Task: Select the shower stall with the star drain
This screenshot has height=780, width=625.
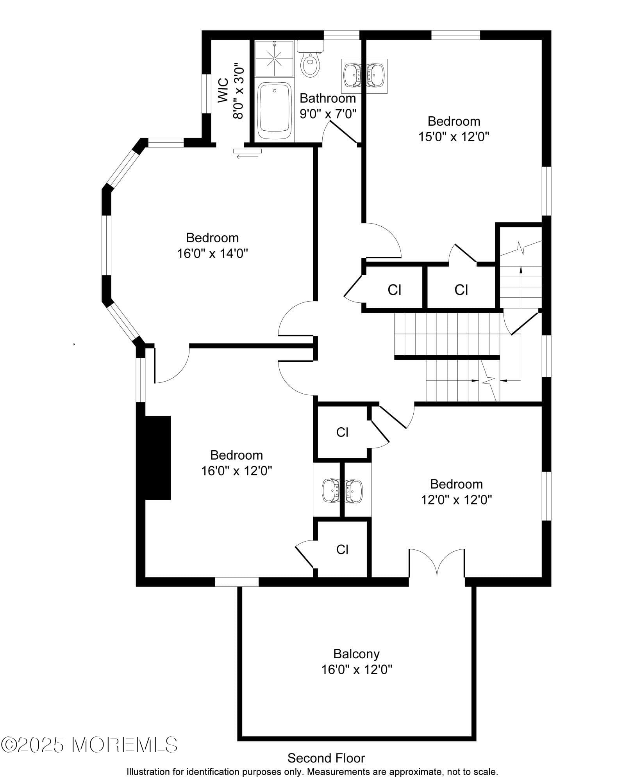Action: click(274, 59)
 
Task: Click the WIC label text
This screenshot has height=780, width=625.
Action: click(223, 91)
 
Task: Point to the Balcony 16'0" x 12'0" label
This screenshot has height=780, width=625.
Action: click(356, 661)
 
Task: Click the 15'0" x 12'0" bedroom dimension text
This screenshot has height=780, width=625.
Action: click(454, 137)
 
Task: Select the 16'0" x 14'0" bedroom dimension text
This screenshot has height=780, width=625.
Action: click(212, 254)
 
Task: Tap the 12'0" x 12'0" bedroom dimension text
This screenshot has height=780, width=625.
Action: click(456, 500)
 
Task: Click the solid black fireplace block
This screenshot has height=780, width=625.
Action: click(158, 458)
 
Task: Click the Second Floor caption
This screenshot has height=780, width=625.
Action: click(326, 758)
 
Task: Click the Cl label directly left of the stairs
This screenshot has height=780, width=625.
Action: click(461, 290)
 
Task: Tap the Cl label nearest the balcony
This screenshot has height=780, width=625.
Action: click(342, 549)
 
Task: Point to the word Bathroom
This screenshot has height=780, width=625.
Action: click(327, 98)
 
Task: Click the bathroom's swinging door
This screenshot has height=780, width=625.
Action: click(343, 131)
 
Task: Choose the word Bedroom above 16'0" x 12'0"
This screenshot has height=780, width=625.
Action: click(236, 455)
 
